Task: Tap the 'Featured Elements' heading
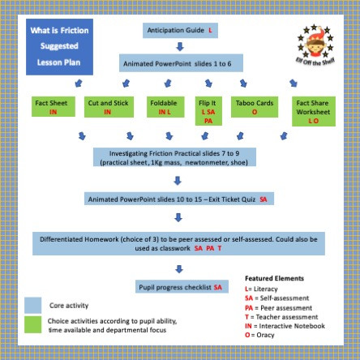[x=273, y=277]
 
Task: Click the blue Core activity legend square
[x=32, y=305]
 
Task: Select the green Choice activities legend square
[x=32, y=326]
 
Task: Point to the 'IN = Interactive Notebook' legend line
[x=284, y=324]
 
